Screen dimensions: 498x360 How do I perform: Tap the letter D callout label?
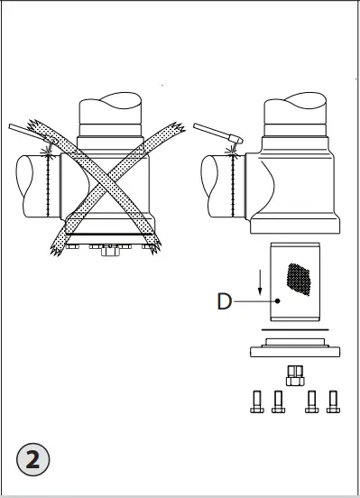pyautogui.click(x=224, y=300)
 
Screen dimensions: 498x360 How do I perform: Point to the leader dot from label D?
pyautogui.click(x=278, y=301)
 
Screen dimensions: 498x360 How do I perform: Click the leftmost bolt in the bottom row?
pyautogui.click(x=256, y=401)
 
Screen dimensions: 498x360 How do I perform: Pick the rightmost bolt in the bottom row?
pyautogui.click(x=335, y=401)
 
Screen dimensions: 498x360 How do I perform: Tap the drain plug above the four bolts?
pyautogui.click(x=294, y=374)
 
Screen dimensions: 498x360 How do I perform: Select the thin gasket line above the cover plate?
pyautogui.click(x=294, y=330)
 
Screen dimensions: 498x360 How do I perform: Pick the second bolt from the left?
pyautogui.click(x=279, y=401)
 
